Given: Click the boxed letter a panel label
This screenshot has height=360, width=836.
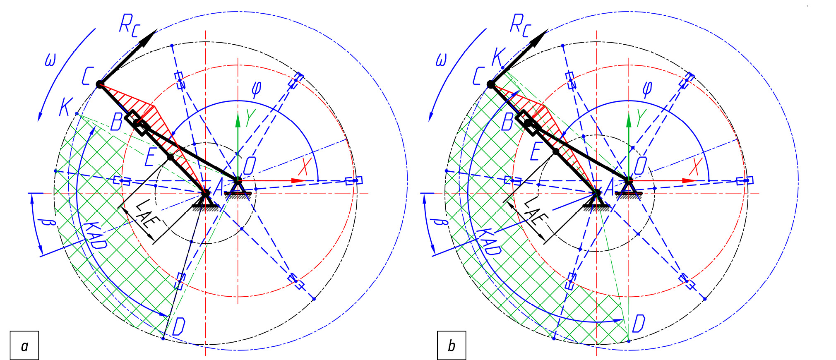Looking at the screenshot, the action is tap(24, 345).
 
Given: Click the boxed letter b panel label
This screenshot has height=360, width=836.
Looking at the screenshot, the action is tap(452, 345).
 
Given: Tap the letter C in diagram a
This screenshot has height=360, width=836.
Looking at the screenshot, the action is tap(87, 76).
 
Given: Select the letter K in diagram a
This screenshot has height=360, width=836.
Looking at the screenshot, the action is tap(66, 107).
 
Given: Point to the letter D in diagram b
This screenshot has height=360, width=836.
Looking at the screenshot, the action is tap(639, 323).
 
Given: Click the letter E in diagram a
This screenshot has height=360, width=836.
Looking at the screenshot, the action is tap(150, 157).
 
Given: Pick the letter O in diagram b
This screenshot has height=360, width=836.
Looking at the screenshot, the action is tap(640, 166).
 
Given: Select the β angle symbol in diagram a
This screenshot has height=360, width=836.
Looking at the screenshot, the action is tap(49, 223).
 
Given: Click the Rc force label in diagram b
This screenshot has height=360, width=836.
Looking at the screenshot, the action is tap(521, 25).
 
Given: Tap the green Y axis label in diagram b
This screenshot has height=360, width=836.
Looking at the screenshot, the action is tap(641, 118).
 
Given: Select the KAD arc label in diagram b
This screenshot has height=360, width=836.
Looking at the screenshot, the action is tap(489, 241).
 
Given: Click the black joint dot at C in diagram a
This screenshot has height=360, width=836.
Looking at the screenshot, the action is tap(99, 84).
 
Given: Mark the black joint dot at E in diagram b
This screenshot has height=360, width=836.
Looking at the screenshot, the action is tap(556, 152).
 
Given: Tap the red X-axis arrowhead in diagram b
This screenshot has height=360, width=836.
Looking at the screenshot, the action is tap(690, 181).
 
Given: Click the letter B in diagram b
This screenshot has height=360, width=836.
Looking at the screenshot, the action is tap(508, 122).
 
